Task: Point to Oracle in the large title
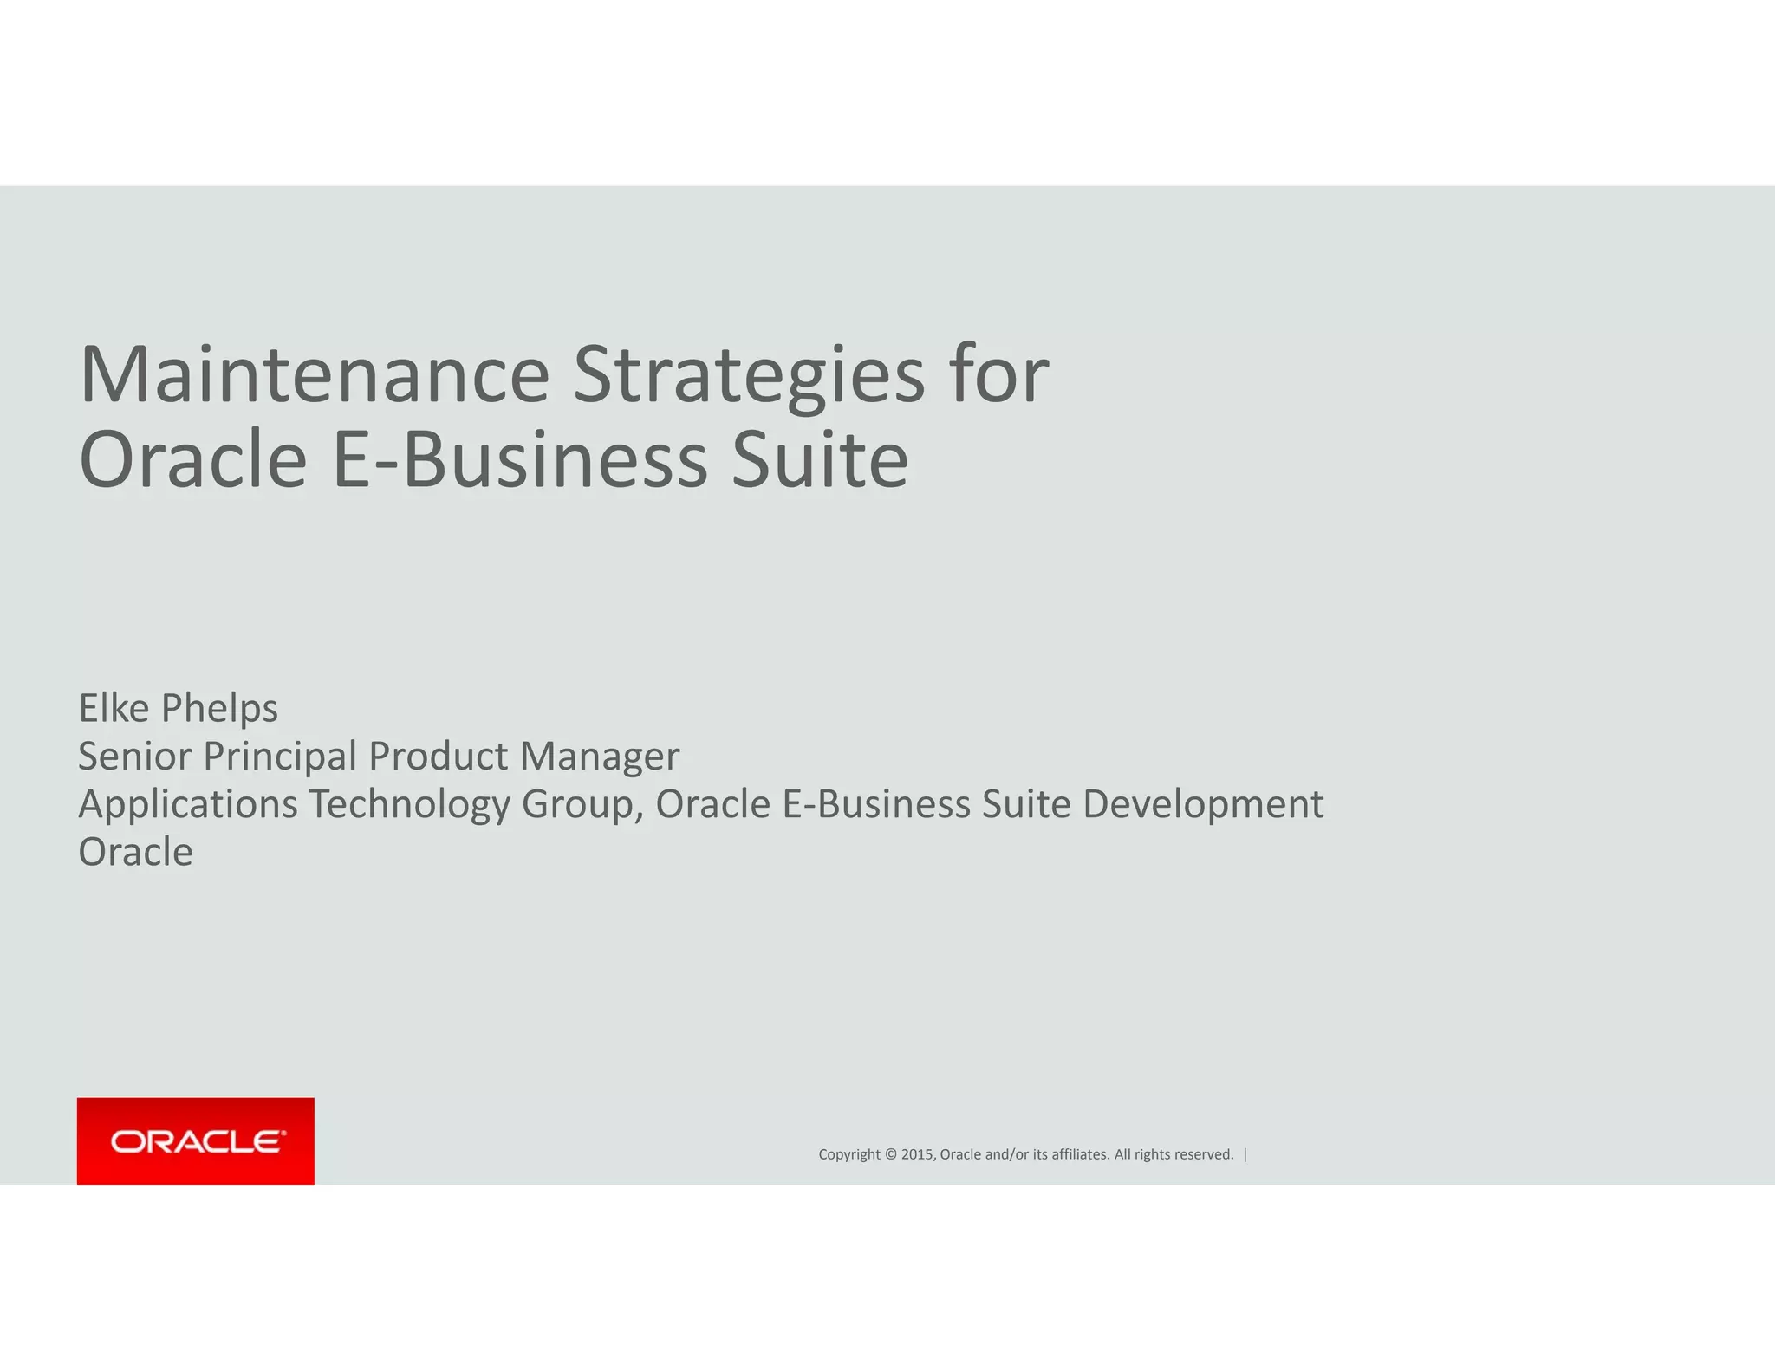coord(192,459)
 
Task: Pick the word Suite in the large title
coord(820,459)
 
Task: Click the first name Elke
coord(114,708)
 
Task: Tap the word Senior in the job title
coord(134,756)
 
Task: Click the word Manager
coord(600,757)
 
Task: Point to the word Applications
coord(188,804)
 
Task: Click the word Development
coord(1203,804)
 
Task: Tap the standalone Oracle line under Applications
coord(136,852)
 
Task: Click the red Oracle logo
coord(196,1140)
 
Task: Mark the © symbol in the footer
coord(890,1154)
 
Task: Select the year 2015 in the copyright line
coord(917,1154)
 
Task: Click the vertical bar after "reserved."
coord(1245,1154)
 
